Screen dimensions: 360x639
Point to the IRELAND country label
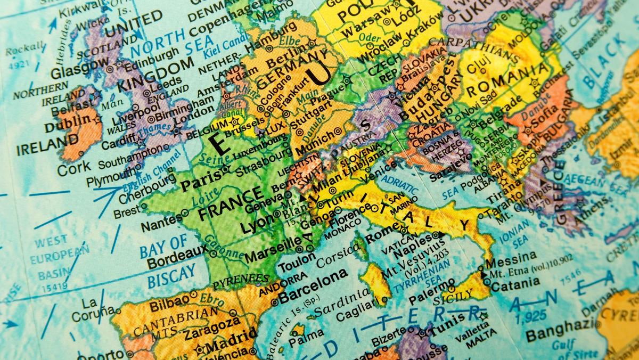(x=47, y=145)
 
